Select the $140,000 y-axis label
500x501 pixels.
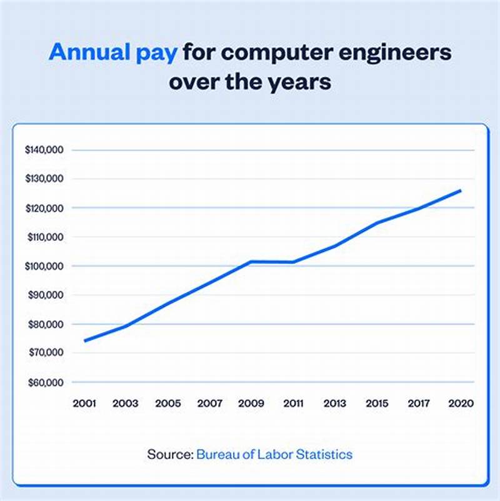tap(47, 150)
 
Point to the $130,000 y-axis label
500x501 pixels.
tap(47, 179)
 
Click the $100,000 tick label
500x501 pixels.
tap(47, 266)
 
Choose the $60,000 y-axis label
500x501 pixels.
tap(47, 382)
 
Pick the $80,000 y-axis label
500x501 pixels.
tap(47, 324)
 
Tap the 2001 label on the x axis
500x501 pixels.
tap(84, 404)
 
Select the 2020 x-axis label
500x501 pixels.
tap(461, 404)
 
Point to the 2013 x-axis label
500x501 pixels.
tap(335, 404)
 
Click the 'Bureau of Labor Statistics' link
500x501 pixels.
tap(274, 454)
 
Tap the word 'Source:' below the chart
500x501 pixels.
tap(170, 454)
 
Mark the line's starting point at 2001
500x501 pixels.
tap(85, 341)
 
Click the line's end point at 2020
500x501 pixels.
tap(461, 190)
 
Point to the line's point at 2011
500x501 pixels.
tap(292, 262)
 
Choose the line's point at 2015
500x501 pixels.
tap(377, 223)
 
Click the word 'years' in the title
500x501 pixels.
tap(301, 82)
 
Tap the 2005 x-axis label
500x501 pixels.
tap(167, 404)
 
